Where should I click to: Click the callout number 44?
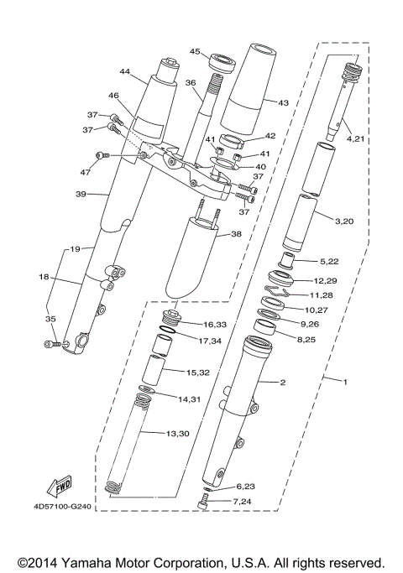click(x=126, y=71)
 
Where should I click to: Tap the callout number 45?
click(x=195, y=51)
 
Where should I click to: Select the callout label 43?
click(x=283, y=102)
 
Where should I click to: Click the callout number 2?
click(x=283, y=383)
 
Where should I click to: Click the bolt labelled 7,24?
click(x=201, y=503)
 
